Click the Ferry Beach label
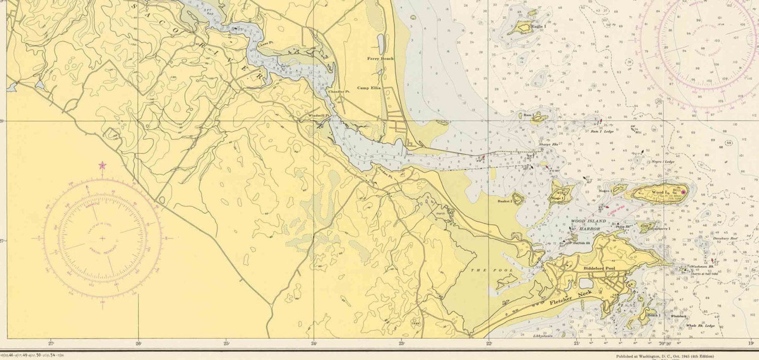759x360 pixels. point(380,58)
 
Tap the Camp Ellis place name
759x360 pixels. point(369,88)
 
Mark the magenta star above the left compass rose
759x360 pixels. point(102,166)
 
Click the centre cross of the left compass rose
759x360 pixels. point(103,238)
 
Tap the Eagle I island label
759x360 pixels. point(538,27)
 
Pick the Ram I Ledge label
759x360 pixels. point(602,131)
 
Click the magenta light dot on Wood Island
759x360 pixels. point(683,192)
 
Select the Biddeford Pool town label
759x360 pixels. point(599,269)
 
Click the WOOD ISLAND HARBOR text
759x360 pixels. point(589,225)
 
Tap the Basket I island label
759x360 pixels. point(504,202)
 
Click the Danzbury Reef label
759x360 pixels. point(725,238)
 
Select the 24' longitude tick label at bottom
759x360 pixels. point(314,343)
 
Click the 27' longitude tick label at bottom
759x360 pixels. point(51,343)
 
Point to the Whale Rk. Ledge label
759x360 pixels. point(700,326)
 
